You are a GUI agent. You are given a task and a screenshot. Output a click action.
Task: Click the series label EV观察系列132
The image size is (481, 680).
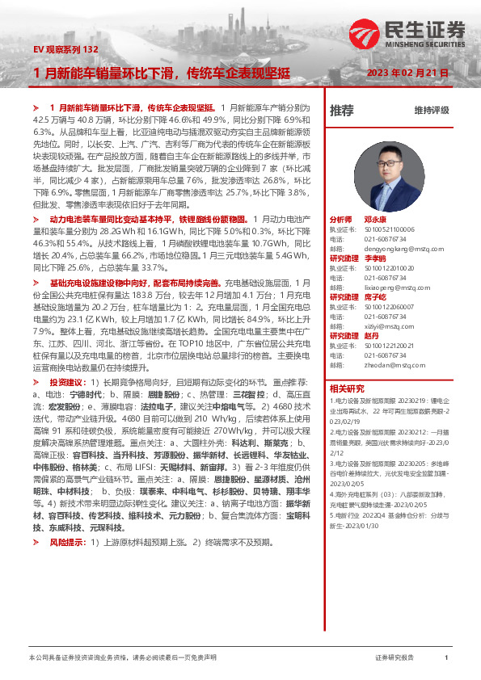click(x=65, y=49)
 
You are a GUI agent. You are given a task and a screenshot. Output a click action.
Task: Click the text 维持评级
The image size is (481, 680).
click(x=431, y=110)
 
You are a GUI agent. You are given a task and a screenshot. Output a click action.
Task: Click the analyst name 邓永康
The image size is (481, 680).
click(x=375, y=220)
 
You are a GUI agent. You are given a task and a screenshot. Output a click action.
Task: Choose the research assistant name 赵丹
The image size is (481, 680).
click(x=372, y=335)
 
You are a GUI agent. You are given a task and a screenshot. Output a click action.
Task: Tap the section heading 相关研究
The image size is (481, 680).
click(x=347, y=388)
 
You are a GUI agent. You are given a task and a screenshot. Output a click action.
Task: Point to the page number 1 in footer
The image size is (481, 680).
click(x=446, y=659)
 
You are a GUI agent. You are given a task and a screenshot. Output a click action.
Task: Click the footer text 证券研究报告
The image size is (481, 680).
click(x=395, y=659)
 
